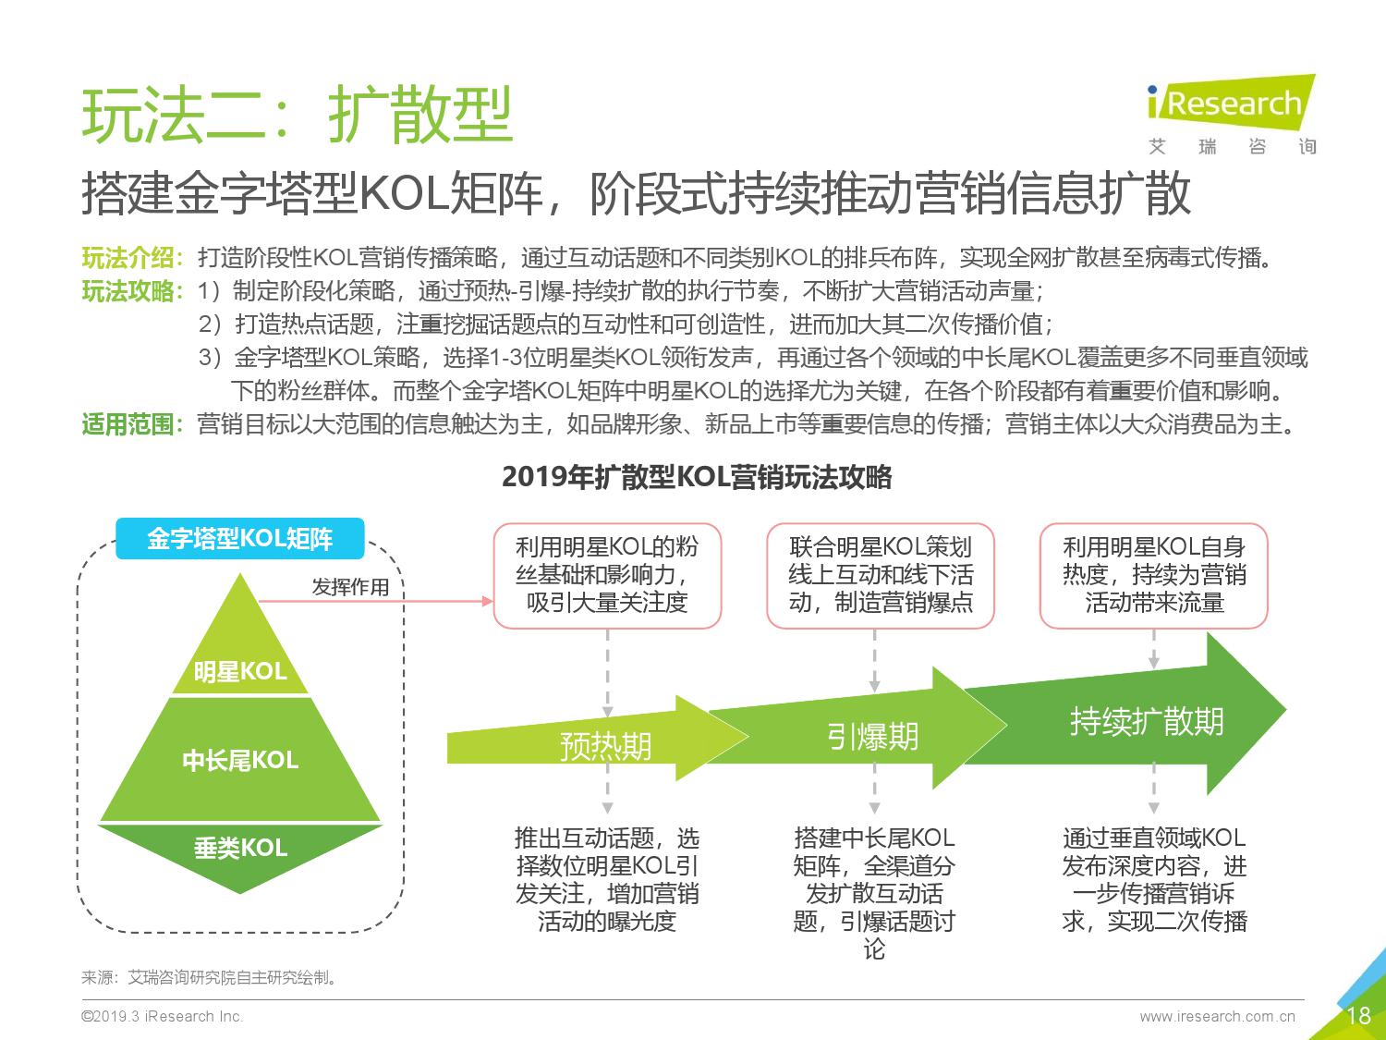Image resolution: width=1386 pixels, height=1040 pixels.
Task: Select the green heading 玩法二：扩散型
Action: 297,115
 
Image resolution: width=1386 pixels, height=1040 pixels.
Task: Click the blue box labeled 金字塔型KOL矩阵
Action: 240,539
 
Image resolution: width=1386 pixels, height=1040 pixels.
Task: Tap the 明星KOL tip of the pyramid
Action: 240,651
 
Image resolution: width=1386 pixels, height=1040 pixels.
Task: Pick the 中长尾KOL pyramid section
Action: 240,760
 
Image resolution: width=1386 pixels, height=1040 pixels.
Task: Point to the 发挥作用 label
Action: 350,587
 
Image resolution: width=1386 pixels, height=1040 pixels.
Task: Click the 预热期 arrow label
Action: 605,746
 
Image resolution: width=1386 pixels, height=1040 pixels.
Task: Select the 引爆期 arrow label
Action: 872,736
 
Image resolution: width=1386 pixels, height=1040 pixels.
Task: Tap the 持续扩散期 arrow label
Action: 1147,721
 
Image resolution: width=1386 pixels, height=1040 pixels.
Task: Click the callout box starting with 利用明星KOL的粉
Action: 607,575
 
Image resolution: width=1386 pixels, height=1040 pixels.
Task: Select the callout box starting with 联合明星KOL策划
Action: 881,575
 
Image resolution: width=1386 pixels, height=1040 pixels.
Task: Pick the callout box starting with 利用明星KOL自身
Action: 1154,575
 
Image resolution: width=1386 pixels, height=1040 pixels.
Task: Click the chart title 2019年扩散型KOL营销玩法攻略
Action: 697,477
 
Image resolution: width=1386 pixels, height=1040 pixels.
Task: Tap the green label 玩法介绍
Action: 128,258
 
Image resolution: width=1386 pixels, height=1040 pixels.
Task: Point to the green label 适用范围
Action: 128,424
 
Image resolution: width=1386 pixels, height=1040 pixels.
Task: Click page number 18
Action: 1358,1015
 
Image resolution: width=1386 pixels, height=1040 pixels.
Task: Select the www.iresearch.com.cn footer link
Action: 1217,1016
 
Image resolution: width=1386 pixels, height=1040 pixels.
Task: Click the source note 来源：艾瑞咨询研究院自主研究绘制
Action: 210,977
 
